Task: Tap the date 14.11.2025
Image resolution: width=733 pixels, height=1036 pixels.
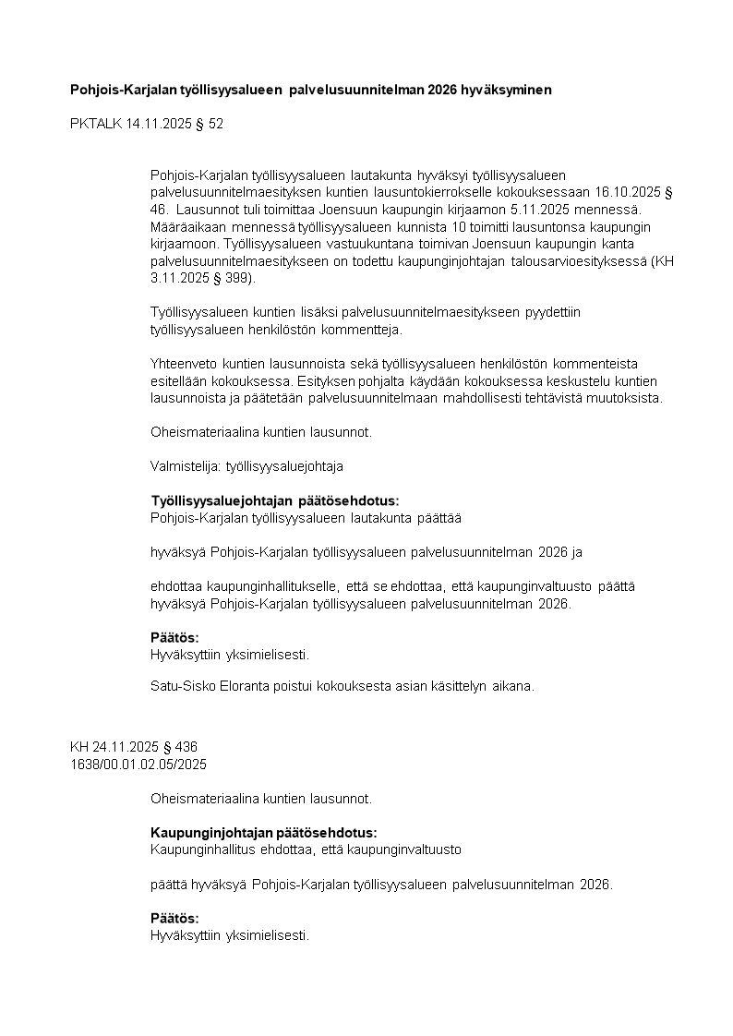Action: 159,123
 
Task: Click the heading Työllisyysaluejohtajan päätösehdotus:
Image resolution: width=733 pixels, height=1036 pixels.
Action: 275,500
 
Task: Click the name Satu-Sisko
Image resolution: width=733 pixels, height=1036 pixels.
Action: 181,686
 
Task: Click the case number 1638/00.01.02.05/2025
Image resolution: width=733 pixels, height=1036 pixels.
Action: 138,764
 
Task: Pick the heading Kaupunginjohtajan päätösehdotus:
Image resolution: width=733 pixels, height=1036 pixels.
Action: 263,832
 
